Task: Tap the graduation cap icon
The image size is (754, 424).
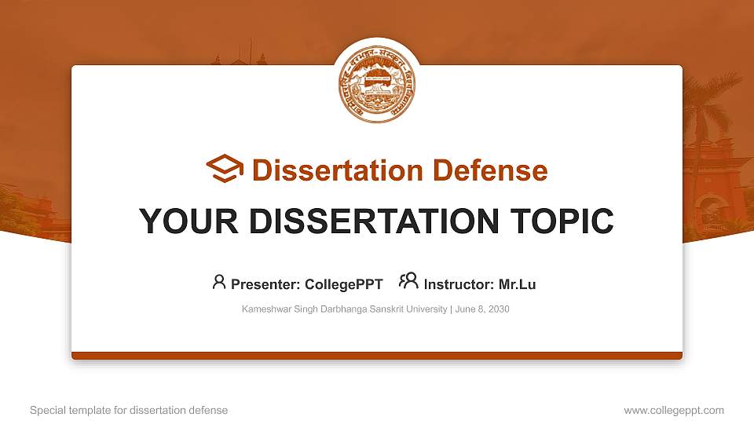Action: coord(225,170)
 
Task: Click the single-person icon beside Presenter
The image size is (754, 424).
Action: coord(219,282)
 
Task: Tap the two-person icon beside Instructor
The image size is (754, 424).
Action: coord(408,281)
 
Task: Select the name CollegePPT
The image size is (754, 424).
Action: coord(345,284)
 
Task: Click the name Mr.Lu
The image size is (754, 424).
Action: coord(518,284)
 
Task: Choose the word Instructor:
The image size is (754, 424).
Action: coord(459,284)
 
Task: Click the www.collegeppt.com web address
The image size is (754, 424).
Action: coord(674,410)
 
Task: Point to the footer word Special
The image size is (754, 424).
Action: coord(46,410)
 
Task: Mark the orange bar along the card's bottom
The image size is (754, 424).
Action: coord(377,356)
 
